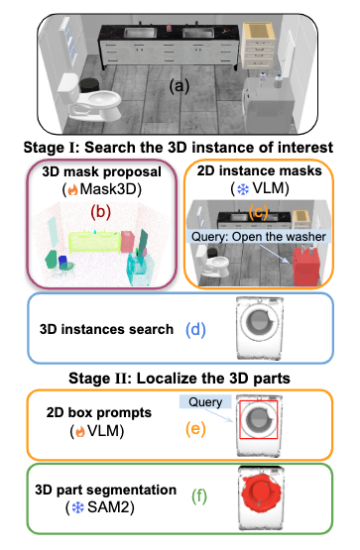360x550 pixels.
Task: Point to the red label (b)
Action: [101, 210]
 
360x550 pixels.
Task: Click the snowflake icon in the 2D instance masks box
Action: [230, 190]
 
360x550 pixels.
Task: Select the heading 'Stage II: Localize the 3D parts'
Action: [180, 378]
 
